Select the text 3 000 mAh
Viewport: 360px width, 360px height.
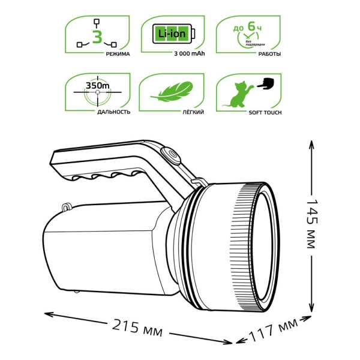click(171, 55)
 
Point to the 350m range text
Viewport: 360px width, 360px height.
click(95, 86)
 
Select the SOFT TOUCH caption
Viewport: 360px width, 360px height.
click(248, 112)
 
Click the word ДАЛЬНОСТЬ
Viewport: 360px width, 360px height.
click(96, 112)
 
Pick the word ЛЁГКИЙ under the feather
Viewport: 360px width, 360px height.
click(171, 112)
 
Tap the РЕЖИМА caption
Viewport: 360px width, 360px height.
click(96, 55)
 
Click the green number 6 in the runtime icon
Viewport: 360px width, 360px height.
click(250, 26)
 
